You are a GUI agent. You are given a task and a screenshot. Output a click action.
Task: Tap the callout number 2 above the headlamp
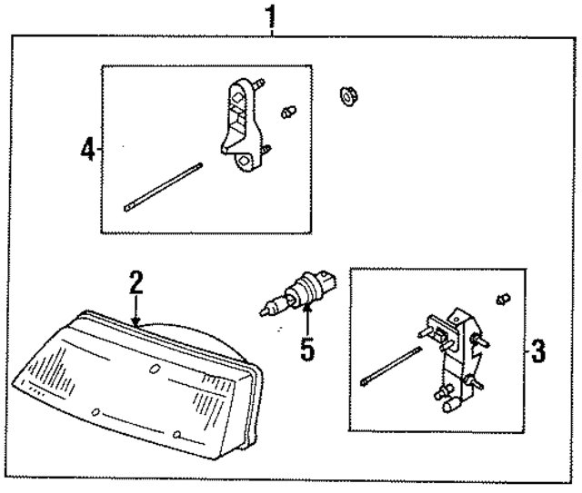click(x=135, y=282)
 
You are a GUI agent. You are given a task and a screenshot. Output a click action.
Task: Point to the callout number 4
click(x=86, y=148)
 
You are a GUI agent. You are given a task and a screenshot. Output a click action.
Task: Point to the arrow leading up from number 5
click(x=307, y=320)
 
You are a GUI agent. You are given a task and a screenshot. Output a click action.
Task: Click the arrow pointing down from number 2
click(x=135, y=310)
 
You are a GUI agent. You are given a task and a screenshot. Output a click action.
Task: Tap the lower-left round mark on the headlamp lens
click(x=93, y=411)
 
